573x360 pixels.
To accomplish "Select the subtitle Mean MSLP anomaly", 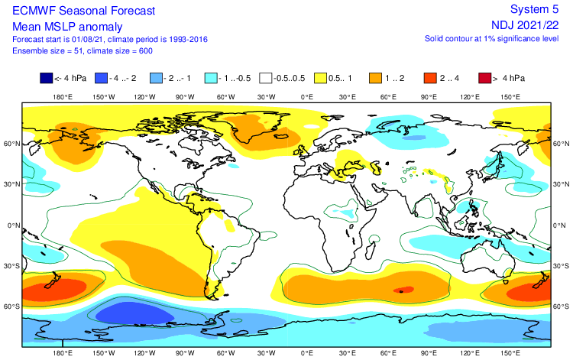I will click(x=59, y=25).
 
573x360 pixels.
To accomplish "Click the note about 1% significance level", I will click(x=487, y=38).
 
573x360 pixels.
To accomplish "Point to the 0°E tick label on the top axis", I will click(x=307, y=98).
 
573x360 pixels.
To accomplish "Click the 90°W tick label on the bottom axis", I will click(x=185, y=354).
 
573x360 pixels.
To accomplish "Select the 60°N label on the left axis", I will click(x=10, y=144).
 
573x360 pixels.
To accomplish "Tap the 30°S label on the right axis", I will click(x=561, y=266).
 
